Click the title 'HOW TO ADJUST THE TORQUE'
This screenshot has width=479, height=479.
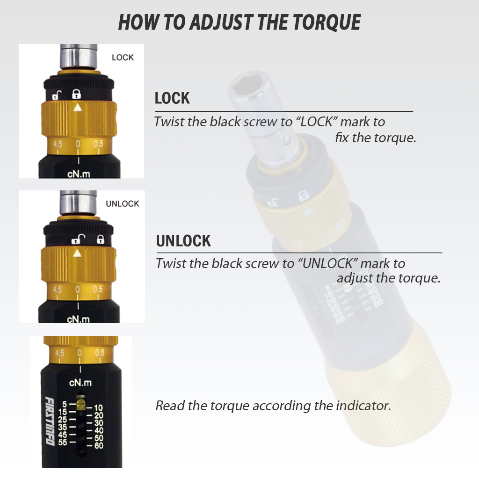click(239, 22)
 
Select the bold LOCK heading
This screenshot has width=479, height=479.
click(172, 98)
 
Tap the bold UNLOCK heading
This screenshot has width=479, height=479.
click(183, 241)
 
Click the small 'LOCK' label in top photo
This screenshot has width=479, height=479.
click(123, 58)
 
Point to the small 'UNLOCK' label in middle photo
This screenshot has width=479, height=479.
click(123, 204)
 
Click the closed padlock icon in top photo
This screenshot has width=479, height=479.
click(76, 94)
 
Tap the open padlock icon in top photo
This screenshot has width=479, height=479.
click(56, 96)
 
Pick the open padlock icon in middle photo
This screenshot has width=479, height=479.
click(76, 240)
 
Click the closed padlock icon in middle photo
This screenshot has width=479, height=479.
click(100, 239)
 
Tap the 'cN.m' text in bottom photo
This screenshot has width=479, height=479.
click(80, 383)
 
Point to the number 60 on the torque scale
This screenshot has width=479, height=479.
click(98, 446)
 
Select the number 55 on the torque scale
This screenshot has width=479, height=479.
click(63, 443)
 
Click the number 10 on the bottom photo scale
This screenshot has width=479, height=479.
click(98, 408)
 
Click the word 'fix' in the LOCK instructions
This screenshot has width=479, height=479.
click(342, 138)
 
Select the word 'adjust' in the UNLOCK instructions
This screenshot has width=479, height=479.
click(354, 278)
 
